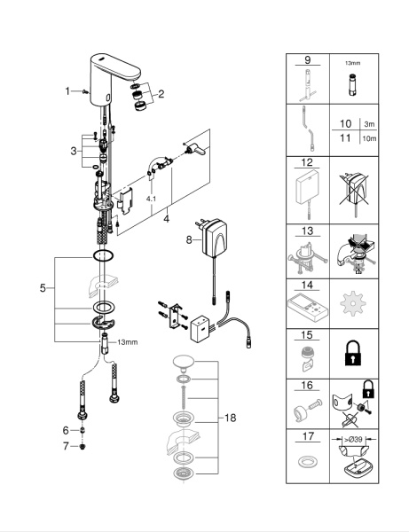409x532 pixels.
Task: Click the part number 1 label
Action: (x=67, y=90)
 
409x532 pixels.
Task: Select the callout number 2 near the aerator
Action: (x=161, y=94)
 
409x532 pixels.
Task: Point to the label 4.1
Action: (x=153, y=200)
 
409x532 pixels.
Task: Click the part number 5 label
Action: (x=43, y=288)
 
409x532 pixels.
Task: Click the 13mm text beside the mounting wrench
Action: (x=127, y=340)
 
